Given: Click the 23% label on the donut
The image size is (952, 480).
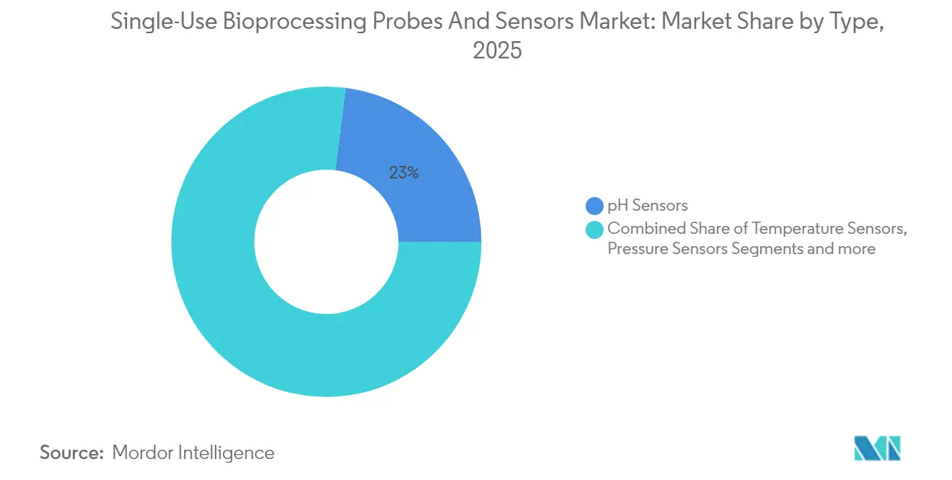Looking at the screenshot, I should [404, 173].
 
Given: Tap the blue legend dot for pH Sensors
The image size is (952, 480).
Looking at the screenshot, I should [594, 206].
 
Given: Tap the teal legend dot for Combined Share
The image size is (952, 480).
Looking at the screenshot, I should [594, 229].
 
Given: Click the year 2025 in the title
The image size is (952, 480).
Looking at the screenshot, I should [497, 52].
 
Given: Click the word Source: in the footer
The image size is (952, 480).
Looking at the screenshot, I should [71, 453].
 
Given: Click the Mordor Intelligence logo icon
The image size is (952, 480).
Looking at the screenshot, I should [877, 448].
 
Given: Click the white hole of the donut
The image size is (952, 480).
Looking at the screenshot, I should [326, 242].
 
